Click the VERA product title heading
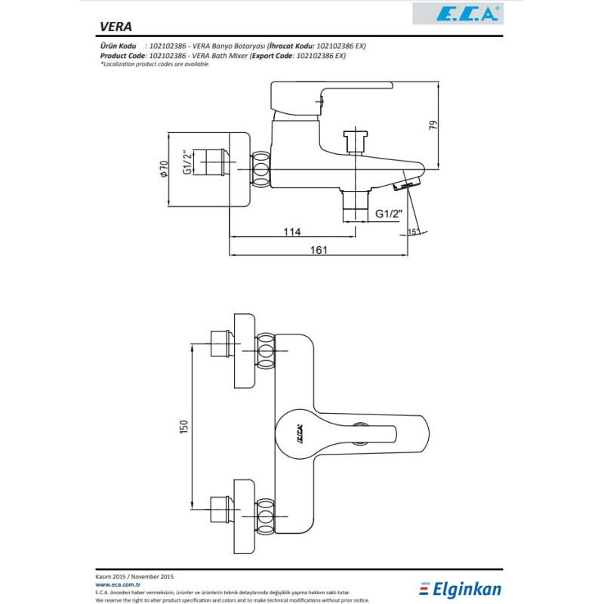116,26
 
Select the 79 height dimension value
433,125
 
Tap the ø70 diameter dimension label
163,169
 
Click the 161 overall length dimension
319,250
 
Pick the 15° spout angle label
411,231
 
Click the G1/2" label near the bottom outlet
390,214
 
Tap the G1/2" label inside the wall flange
186,162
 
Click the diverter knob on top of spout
355,140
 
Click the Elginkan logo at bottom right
461,588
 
